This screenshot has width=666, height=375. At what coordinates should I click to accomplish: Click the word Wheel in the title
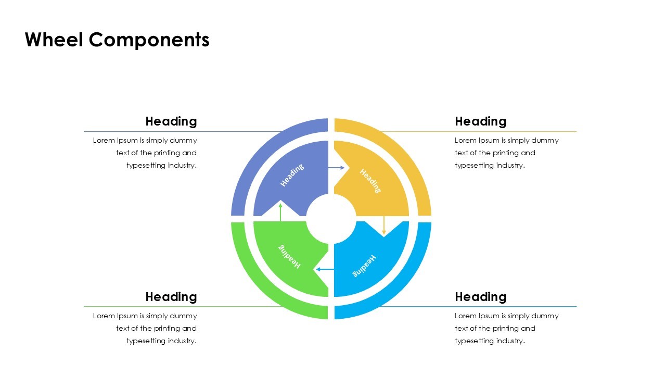[54, 40]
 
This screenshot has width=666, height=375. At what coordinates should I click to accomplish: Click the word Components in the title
[149, 40]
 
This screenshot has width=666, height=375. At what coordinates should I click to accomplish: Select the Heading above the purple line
[171, 121]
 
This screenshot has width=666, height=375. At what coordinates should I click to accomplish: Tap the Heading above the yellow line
[480, 121]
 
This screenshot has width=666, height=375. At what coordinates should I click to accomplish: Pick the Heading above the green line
[171, 297]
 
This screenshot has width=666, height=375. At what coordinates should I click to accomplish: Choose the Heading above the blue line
[480, 297]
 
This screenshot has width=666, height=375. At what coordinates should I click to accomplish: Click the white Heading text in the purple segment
[292, 175]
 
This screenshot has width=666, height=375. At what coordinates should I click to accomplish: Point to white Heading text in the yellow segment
[370, 181]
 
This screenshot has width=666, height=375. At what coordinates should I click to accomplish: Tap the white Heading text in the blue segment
[364, 266]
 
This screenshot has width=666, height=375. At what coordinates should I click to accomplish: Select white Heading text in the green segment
[289, 256]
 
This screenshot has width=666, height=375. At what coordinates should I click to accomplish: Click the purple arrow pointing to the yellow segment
[336, 168]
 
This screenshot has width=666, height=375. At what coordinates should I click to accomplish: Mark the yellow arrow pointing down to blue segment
[384, 225]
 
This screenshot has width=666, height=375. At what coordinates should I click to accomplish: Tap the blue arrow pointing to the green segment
[325, 269]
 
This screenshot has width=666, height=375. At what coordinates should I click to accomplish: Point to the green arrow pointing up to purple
[280, 212]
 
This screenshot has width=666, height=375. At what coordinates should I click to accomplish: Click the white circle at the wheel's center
[331, 219]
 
